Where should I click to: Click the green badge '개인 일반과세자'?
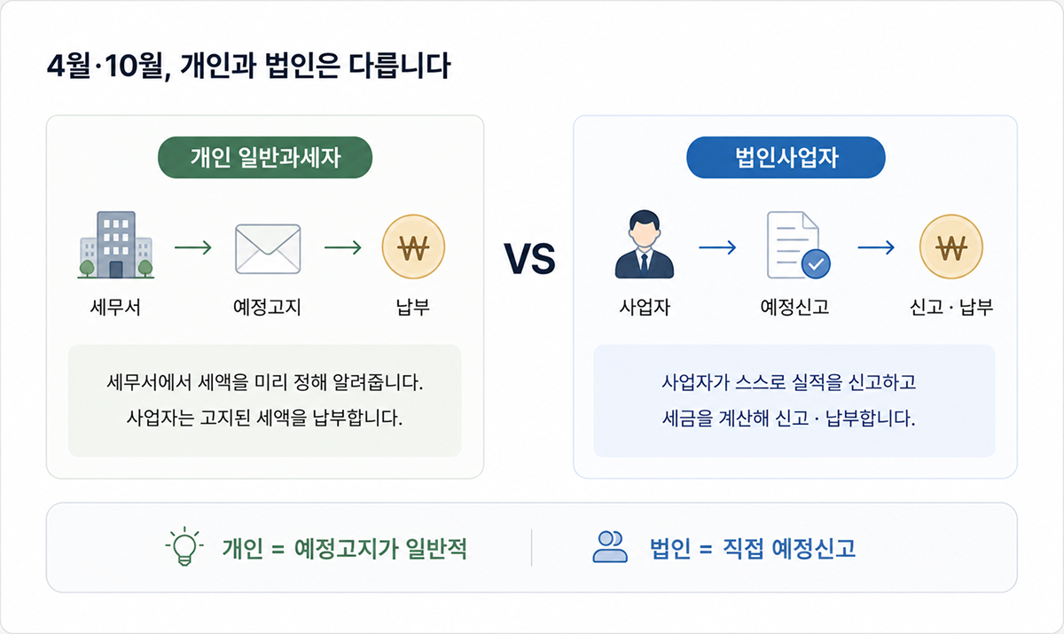[265, 158]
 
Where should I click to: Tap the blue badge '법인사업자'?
[786, 158]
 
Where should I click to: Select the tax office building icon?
[116, 245]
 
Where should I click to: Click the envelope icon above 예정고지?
[268, 249]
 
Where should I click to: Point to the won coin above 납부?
[413, 247]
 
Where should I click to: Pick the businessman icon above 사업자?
[644, 244]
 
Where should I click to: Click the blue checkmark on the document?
[816, 264]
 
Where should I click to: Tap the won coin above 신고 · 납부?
[951, 247]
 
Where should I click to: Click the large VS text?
[529, 259]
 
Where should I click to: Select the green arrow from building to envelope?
[193, 247]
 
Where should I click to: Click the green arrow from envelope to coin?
[343, 247]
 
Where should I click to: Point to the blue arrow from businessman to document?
[717, 247]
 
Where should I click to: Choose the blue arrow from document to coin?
[876, 247]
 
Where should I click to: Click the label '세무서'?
[115, 308]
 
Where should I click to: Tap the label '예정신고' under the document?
[794, 308]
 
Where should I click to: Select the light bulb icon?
[184, 546]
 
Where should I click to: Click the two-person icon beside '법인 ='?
[610, 547]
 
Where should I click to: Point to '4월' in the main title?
[69, 66]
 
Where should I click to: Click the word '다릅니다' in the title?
[400, 66]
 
